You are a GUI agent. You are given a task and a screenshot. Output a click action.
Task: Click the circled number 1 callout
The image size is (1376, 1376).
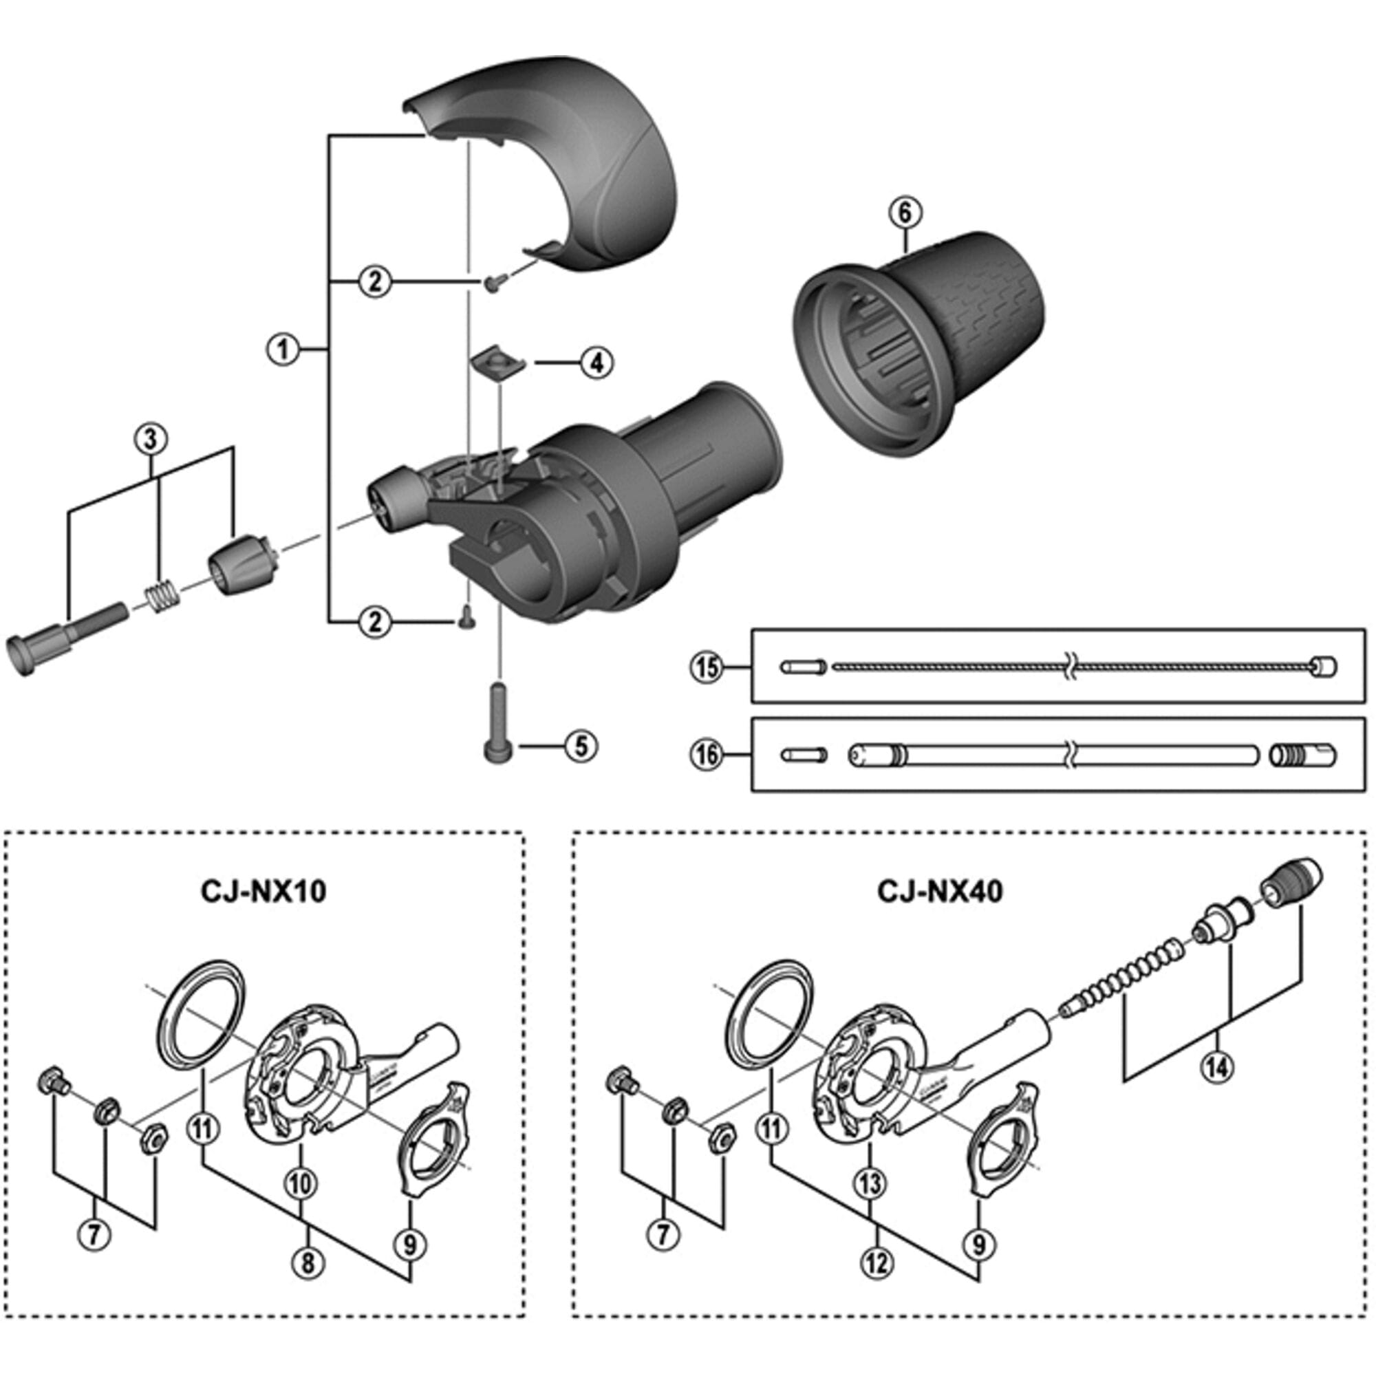click(x=283, y=349)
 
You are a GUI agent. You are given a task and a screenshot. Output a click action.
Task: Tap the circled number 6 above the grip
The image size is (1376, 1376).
click(x=905, y=211)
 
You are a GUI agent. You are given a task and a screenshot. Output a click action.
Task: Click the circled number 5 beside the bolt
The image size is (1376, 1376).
click(x=581, y=746)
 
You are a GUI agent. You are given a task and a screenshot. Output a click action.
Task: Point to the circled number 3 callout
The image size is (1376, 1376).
click(x=150, y=439)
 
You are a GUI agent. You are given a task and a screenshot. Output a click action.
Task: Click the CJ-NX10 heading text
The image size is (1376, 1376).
click(x=264, y=891)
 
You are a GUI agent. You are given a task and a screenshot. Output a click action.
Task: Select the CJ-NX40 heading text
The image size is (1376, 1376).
click(x=939, y=891)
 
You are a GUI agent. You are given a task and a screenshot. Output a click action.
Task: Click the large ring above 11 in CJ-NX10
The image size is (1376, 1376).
click(x=199, y=1014)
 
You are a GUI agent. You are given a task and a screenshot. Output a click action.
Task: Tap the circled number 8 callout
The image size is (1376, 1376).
click(x=307, y=1262)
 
